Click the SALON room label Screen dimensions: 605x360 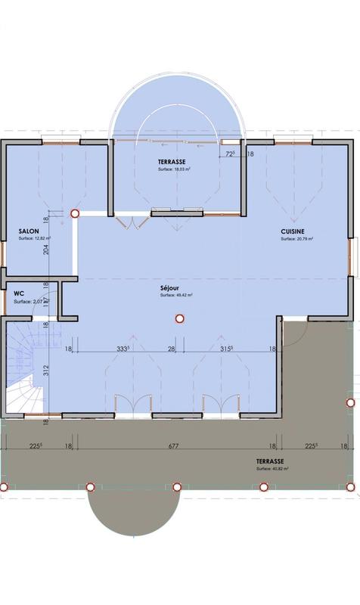29,231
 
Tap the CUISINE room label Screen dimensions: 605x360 293,231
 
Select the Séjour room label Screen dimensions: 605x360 171,288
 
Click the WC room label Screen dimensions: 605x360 19,293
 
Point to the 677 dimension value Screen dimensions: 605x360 173,446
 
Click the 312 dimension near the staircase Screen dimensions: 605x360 45,370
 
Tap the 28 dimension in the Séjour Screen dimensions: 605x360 172,349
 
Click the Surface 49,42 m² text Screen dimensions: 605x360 176,296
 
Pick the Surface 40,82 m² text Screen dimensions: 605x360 272,469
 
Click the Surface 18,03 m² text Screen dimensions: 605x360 174,169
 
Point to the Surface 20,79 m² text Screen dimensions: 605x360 296,239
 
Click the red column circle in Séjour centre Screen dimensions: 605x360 179,319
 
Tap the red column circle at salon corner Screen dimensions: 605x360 74,214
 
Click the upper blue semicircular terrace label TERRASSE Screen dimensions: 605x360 173,162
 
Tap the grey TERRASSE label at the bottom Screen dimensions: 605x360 269,461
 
